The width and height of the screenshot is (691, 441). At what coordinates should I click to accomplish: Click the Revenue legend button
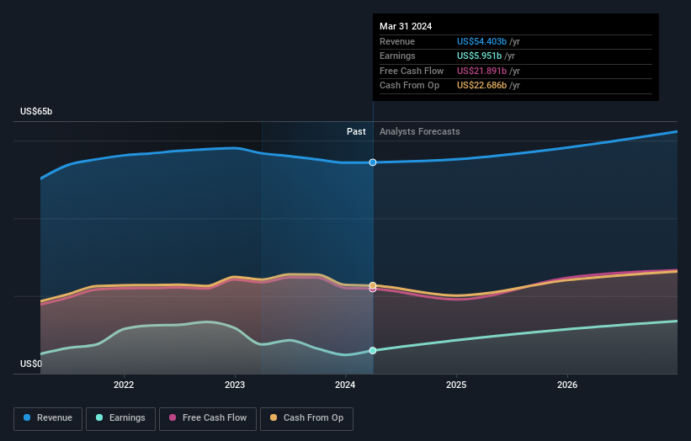coord(48,418)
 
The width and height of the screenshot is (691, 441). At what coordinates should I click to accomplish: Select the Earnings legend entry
coord(120,418)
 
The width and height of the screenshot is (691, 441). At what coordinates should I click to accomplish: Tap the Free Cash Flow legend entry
coord(208,418)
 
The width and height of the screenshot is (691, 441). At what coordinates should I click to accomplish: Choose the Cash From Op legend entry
coord(306,418)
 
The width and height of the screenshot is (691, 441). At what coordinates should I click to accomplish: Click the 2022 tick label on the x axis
coord(124,385)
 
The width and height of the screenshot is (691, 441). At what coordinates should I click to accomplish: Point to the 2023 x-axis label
coord(235,385)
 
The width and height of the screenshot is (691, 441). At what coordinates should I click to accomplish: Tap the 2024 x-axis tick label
coord(345,385)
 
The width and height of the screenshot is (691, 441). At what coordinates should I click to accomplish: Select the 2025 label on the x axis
coord(456,385)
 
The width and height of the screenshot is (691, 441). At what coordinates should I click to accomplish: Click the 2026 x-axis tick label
coord(567,385)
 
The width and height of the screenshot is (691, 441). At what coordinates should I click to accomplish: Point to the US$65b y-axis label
coord(36,111)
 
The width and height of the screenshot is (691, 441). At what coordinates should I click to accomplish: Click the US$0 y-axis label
coord(31,364)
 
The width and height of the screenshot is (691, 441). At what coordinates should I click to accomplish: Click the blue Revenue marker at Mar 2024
coord(373,162)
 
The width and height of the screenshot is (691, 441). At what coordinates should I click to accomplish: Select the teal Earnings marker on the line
coord(373,351)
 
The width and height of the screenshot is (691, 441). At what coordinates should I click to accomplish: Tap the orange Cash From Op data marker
coord(373,285)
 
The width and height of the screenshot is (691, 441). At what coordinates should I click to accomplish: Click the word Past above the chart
coord(356,131)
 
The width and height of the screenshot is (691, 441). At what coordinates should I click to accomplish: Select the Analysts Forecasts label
coord(419,131)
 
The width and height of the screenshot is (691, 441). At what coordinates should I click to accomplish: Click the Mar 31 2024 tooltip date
coord(406,26)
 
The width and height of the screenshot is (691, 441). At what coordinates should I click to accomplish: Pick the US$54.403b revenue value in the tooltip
coord(481,41)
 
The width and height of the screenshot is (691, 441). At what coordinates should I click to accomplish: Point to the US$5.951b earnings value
coord(479,56)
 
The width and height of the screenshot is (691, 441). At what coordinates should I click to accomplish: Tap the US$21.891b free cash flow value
coord(481,71)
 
